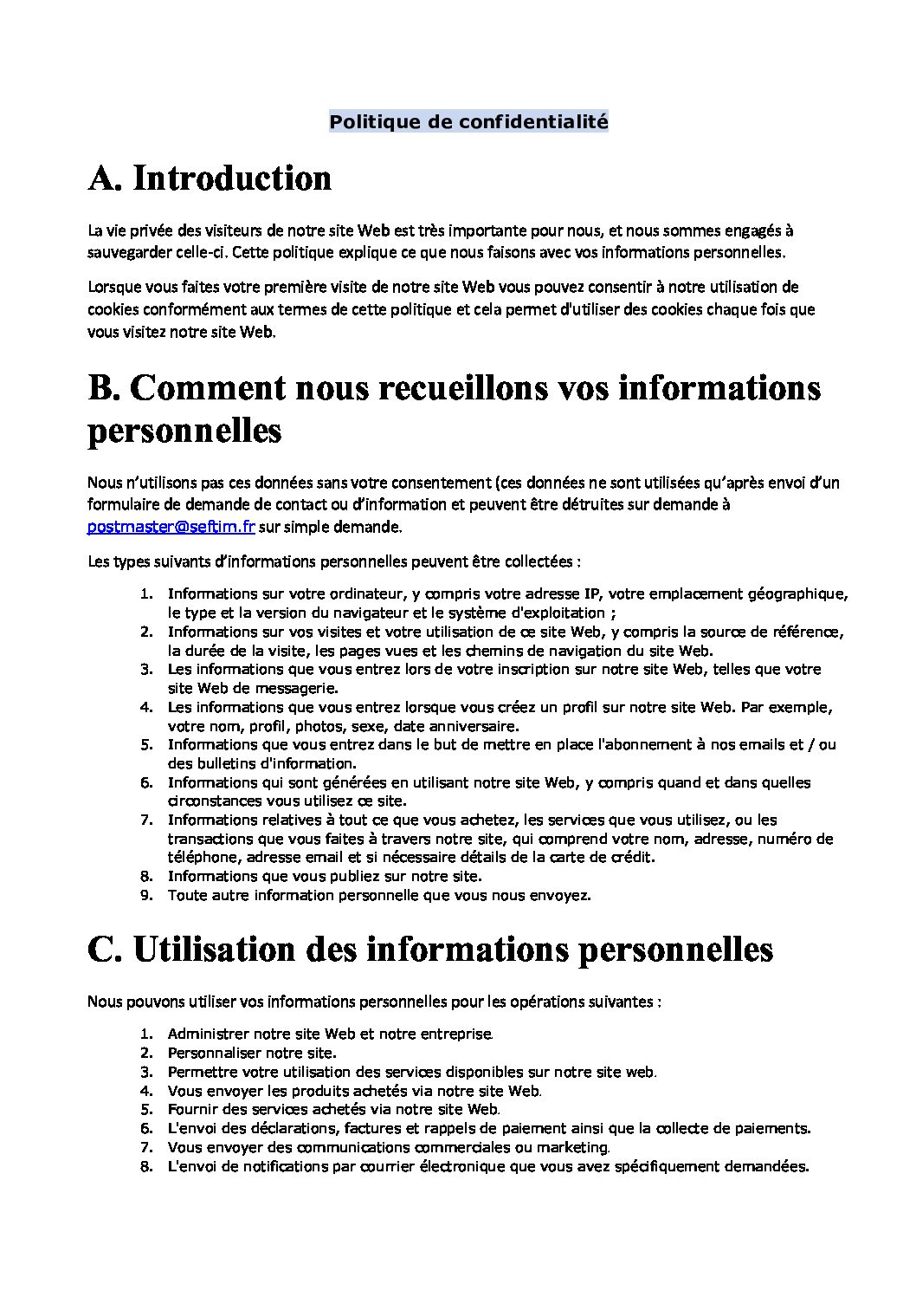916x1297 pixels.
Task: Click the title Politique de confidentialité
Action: [468, 122]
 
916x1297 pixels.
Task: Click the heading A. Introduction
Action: [210, 178]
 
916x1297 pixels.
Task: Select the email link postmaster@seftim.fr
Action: [171, 526]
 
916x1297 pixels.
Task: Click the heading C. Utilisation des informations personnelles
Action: [430, 950]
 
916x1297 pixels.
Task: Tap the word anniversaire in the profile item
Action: [474, 726]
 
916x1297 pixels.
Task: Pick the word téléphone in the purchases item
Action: [204, 858]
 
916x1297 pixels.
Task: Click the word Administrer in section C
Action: [205, 1034]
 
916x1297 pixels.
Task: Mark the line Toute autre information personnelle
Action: [378, 895]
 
